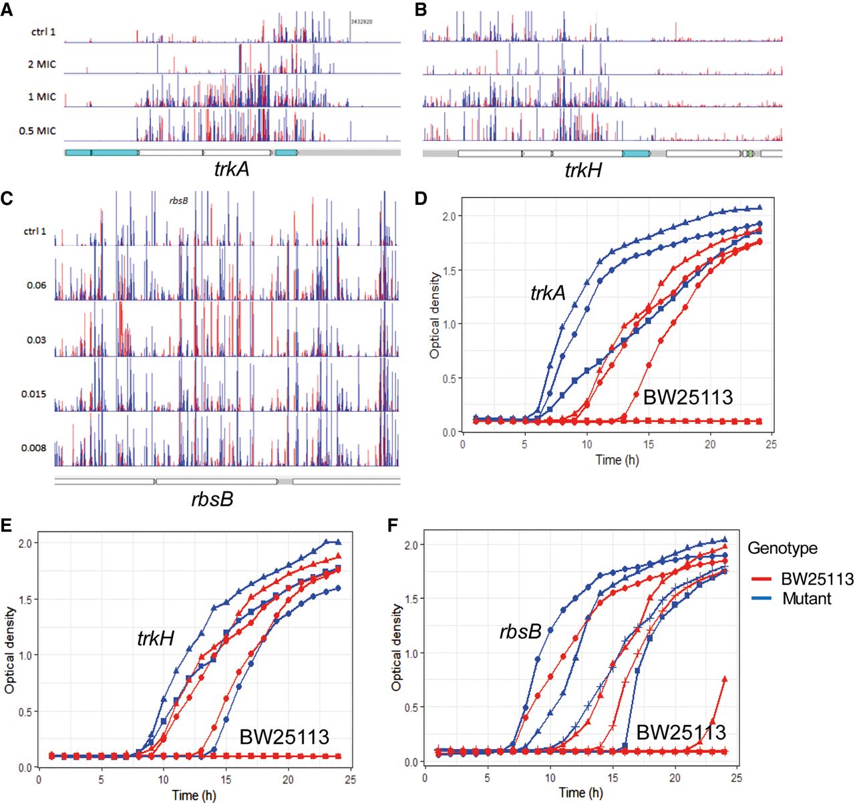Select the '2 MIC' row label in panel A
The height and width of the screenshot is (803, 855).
tap(41, 65)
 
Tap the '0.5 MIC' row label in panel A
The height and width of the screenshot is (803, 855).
tap(37, 131)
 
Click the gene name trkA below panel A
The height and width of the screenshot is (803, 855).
tap(232, 170)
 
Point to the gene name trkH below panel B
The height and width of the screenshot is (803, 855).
tap(582, 171)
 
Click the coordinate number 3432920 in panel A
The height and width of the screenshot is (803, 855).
tap(361, 22)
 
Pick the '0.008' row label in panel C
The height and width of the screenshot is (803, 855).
tap(33, 448)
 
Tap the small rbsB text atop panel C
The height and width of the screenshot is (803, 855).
tap(178, 200)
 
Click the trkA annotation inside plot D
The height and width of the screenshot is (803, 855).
tap(548, 293)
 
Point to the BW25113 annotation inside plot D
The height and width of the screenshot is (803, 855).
tap(688, 398)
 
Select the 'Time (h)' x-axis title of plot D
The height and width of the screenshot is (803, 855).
tap(617, 460)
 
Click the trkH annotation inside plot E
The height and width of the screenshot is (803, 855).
tap(156, 639)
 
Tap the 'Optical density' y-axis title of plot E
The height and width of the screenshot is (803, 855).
tap(10, 649)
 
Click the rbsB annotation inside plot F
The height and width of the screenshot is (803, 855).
tap(520, 631)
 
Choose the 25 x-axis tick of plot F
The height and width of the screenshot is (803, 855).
tap(736, 777)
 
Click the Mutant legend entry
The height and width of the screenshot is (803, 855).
tap(806, 599)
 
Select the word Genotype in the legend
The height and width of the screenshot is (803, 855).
tap(782, 549)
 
